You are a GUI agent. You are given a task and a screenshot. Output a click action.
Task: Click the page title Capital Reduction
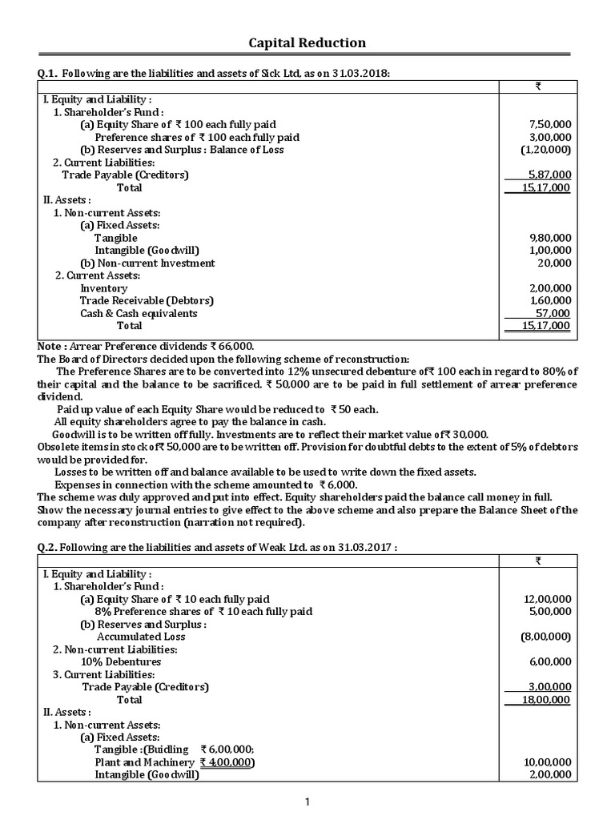click(307, 42)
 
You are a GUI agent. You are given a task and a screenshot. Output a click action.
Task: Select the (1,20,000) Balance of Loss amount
click(545, 150)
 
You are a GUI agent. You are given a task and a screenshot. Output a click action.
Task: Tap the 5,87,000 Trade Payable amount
click(550, 175)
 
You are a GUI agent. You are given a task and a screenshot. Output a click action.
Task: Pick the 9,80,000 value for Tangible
click(550, 238)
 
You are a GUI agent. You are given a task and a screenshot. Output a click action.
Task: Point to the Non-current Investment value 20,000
click(555, 263)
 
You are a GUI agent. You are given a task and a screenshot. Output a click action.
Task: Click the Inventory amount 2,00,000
click(550, 288)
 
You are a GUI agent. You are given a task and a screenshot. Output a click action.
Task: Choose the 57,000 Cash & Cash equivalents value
click(553, 313)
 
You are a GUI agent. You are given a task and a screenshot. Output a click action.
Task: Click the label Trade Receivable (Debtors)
click(147, 300)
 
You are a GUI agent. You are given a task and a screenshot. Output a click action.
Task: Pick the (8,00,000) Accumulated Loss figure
click(545, 637)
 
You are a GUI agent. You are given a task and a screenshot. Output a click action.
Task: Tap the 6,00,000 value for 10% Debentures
click(550, 661)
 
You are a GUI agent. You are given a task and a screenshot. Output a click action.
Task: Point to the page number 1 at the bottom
click(307, 804)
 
